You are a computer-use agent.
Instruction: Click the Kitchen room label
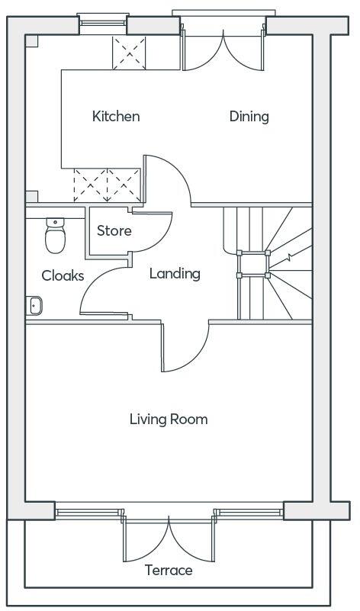coord(116,117)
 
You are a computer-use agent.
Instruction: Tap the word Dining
coord(249,117)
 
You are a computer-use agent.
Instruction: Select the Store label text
coord(114,230)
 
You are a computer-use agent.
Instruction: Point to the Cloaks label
coord(63,276)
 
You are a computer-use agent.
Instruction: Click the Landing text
coord(175,273)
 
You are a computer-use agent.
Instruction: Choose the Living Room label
coord(169,419)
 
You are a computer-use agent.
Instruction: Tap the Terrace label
coord(169,570)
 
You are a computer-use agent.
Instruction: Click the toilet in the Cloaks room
coord(55,236)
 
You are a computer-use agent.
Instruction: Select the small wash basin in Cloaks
coord(34,305)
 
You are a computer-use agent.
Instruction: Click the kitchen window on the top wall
coord(103,24)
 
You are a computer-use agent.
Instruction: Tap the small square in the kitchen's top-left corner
coord(31,41)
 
